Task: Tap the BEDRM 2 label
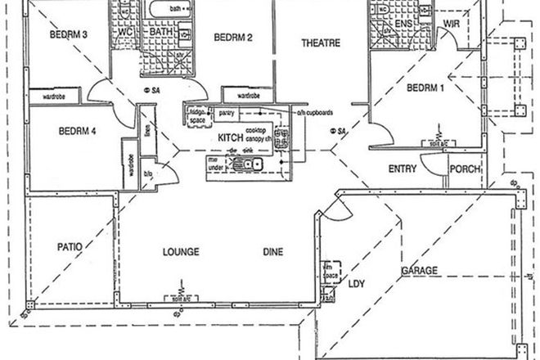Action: [232, 37]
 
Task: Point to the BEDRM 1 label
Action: [425, 88]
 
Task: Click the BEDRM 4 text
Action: [79, 130]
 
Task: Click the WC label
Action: [125, 32]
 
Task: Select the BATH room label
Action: [160, 33]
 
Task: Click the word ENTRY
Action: [403, 169]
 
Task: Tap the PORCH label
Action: [465, 169]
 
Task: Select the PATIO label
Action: [70, 245]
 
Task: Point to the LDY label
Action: [357, 285]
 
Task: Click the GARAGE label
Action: [419, 270]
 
